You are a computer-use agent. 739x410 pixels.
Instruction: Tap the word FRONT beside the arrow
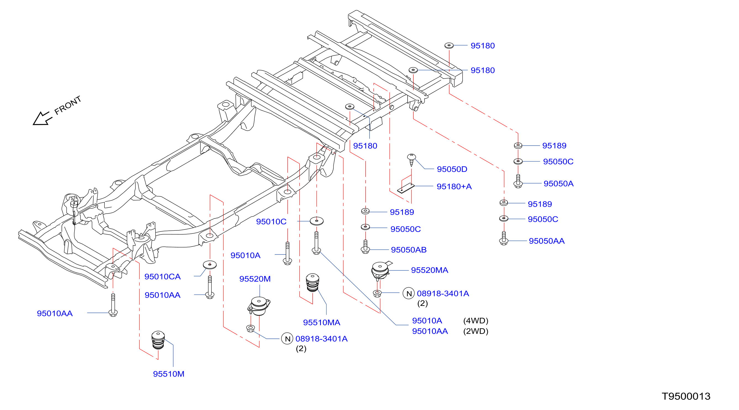coord(68,105)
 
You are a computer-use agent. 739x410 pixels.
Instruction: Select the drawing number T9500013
coord(686,396)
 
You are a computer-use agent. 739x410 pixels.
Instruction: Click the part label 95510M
coord(169,374)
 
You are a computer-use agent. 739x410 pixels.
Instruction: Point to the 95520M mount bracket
coord(259,306)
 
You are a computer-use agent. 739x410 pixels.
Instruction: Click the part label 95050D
coord(452,169)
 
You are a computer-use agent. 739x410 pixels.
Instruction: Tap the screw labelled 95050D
coord(411,160)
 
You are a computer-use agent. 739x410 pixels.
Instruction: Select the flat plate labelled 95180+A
coord(406,188)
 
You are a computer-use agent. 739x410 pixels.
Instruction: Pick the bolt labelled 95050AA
coord(504,238)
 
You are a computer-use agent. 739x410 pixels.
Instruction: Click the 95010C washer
coord(316,221)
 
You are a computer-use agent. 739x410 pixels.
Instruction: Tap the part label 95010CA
coord(162,277)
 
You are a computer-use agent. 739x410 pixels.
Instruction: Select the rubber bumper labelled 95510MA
coord(313,283)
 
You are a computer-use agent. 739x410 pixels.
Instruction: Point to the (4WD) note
coord(476,321)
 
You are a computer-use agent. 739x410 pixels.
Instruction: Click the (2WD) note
coord(476,331)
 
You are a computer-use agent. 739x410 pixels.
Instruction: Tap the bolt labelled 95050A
coord(518,181)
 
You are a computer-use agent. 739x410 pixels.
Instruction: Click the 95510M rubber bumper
coord(158,340)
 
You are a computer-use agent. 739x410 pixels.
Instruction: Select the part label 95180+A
coord(454,186)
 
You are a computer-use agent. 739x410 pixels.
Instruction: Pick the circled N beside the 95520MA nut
coord(408,293)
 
